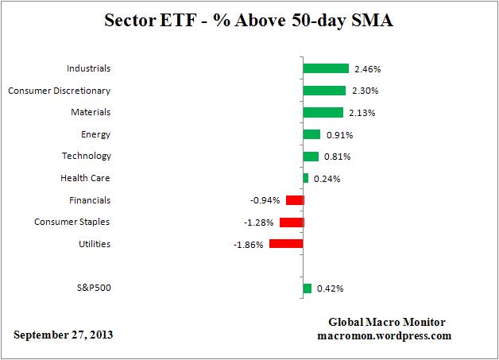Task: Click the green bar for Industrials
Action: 326,68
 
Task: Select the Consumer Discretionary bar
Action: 324,91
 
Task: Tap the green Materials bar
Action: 323,112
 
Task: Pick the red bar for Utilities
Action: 286,243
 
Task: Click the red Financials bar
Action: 295,200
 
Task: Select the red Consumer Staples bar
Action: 292,222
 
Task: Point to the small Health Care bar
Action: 305,178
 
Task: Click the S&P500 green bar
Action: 307,288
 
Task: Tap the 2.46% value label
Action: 367,69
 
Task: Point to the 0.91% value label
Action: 338,134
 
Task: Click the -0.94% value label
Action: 267,200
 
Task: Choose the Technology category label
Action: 86,156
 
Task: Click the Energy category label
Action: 95,134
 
